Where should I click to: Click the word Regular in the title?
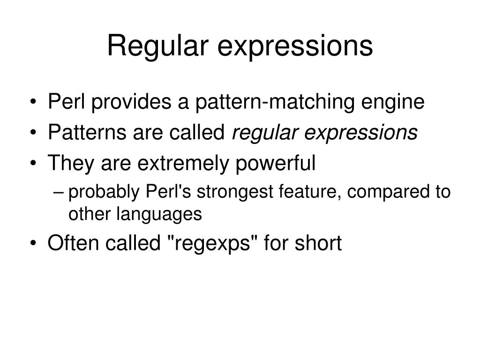(157, 46)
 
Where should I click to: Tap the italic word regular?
(265, 133)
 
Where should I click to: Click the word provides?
(131, 102)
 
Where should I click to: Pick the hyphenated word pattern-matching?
(275, 102)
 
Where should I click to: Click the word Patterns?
(87, 132)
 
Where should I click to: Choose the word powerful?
(275, 163)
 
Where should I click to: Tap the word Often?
(73, 243)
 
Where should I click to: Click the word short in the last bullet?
(318, 243)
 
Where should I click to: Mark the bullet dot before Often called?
(33, 244)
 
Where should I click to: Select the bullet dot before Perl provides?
(33, 102)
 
